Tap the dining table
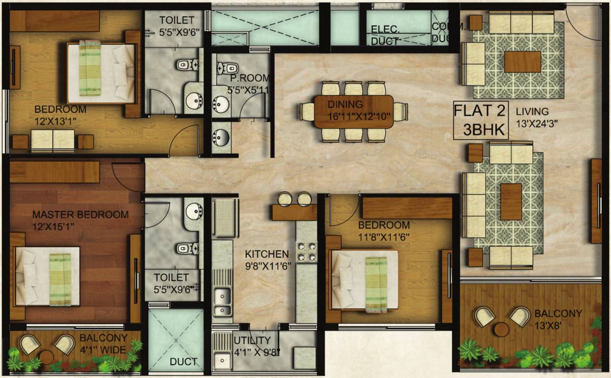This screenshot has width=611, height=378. pyautogui.click(x=353, y=111)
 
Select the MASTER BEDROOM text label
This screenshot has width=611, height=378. pyautogui.click(x=80, y=215)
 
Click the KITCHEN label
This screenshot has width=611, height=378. pyautogui.click(x=267, y=254)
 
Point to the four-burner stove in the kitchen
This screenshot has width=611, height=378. pyautogui.click(x=306, y=251)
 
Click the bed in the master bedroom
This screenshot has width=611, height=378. pyautogui.click(x=47, y=276)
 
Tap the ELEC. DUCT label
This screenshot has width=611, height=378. pyautogui.click(x=385, y=35)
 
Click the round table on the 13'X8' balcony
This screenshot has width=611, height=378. pyautogui.click(x=502, y=329)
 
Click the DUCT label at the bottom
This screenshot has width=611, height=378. pyautogui.click(x=184, y=362)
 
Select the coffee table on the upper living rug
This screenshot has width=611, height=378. pyautogui.click(x=522, y=62)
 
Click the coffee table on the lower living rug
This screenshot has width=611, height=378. pyautogui.click(x=511, y=201)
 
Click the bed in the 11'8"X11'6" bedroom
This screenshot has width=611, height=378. pyautogui.click(x=365, y=280)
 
